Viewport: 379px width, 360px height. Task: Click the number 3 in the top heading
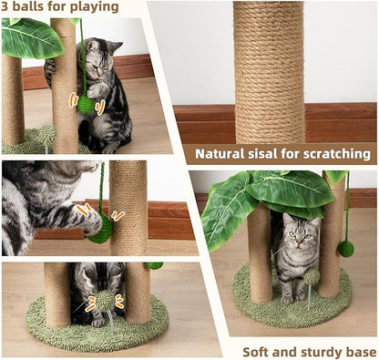(x=6, y=7)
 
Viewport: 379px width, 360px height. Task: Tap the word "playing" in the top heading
(x=94, y=7)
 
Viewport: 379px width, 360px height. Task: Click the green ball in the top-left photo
(x=87, y=105)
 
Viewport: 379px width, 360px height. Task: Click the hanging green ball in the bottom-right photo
(x=346, y=248)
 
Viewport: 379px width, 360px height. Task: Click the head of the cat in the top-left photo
(x=103, y=57)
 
